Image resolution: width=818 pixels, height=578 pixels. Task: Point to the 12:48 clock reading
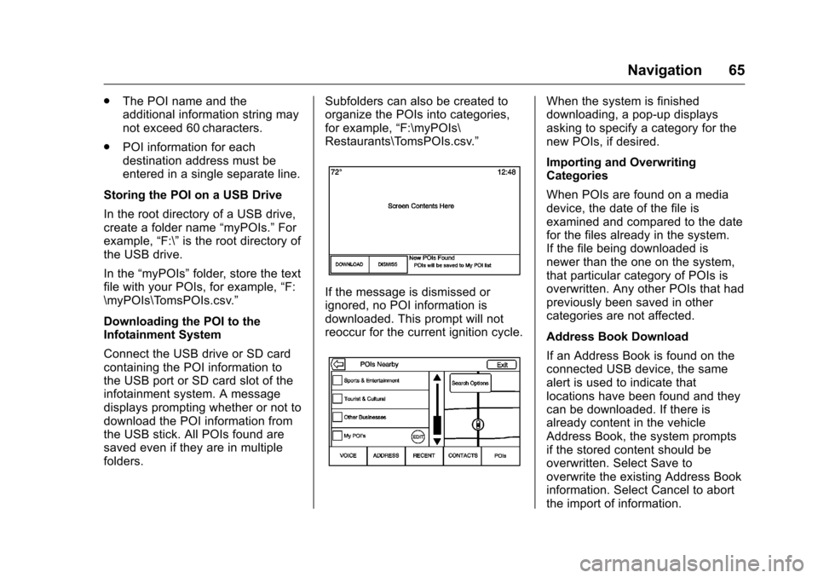point(506,172)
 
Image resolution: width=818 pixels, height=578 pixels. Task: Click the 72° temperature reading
point(337,172)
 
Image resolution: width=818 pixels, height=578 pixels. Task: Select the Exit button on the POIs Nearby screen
point(502,365)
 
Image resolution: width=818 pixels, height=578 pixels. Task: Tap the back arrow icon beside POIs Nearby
point(339,365)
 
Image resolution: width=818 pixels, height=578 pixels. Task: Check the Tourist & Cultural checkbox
point(338,398)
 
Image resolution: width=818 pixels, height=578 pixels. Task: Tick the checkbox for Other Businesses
point(338,417)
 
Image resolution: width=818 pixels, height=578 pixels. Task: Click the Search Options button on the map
point(469,384)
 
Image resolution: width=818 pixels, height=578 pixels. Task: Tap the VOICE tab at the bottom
point(348,456)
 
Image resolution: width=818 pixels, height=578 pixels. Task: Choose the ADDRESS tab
point(386,456)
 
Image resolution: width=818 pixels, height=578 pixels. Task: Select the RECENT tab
point(423,456)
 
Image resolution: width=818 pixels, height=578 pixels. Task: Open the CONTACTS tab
point(462,456)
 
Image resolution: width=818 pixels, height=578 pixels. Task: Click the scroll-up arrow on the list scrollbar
point(437,380)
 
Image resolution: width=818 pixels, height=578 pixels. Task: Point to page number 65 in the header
point(735,70)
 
